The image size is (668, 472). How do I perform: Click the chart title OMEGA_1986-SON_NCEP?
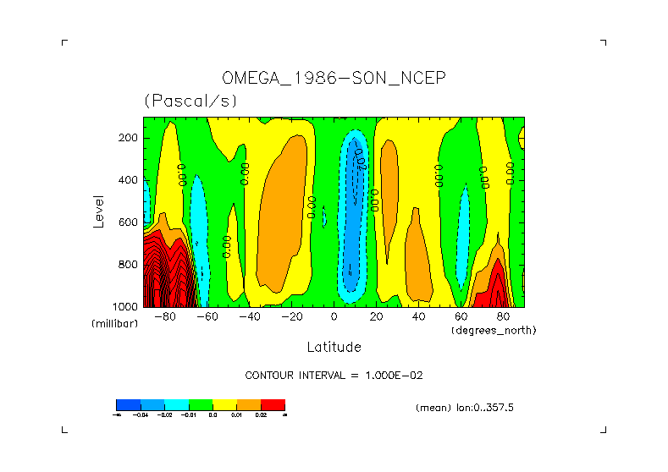tap(334, 78)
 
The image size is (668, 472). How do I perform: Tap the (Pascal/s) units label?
tap(190, 101)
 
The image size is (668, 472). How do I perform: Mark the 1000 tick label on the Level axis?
tap(126, 306)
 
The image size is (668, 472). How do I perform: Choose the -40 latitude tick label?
tap(249, 317)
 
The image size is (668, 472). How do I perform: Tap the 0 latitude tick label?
tap(334, 317)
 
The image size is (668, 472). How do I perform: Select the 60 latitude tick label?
tap(461, 317)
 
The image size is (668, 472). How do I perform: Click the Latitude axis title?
tap(334, 347)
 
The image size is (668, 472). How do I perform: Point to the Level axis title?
tap(98, 210)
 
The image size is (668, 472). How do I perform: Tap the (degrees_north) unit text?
tap(494, 330)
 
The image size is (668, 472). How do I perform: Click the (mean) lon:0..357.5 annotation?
tap(465, 408)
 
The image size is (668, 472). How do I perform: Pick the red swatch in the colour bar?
tap(273, 404)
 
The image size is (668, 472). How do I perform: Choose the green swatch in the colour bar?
tap(201, 404)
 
